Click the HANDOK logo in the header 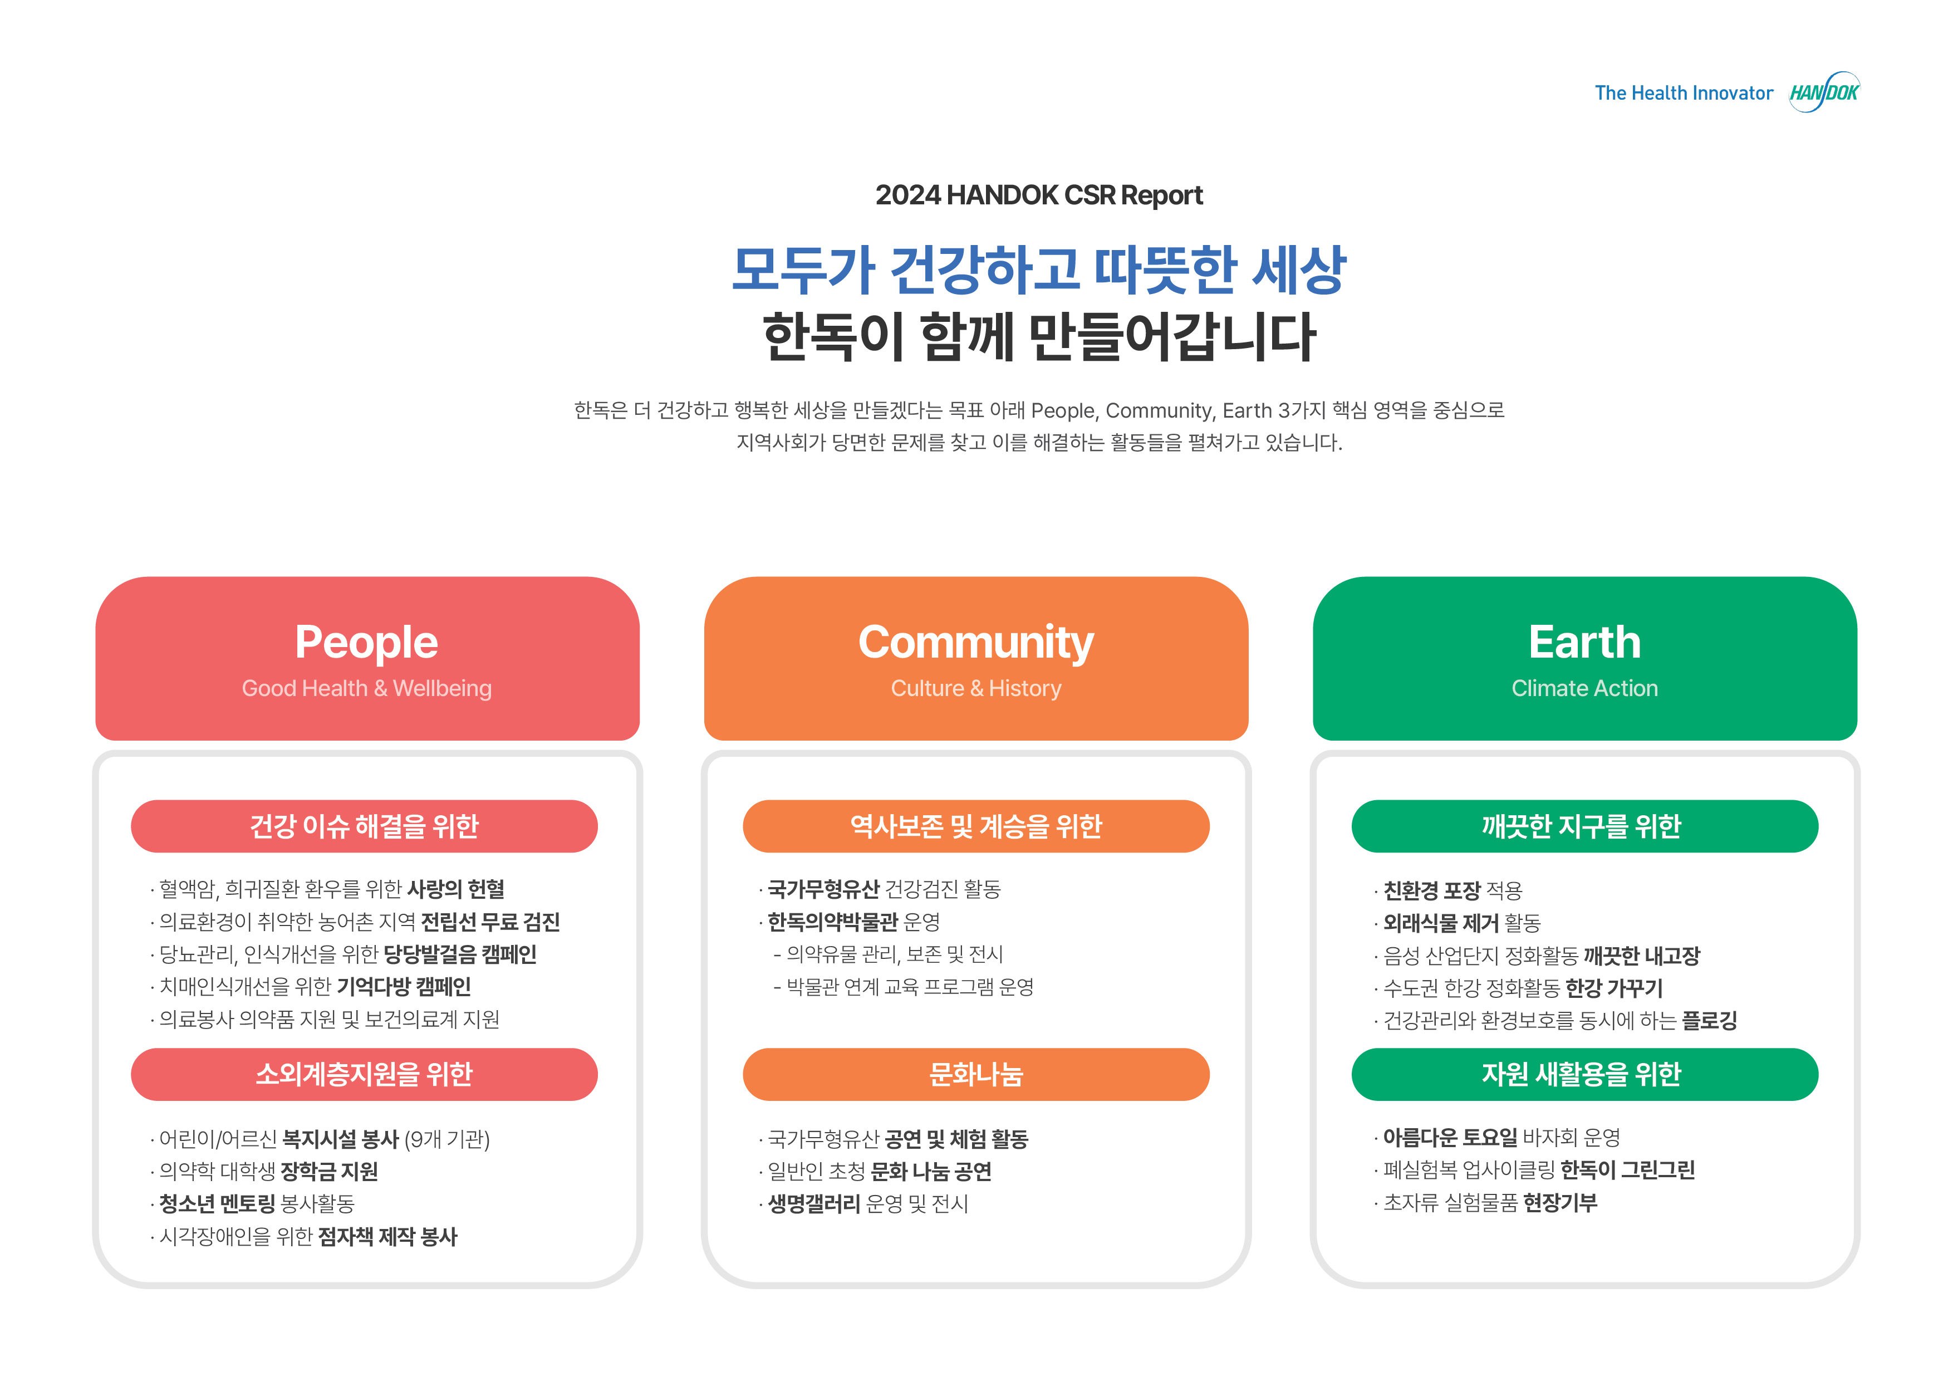tap(1824, 92)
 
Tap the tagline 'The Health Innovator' tap(1684, 93)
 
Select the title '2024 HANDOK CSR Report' tap(1039, 195)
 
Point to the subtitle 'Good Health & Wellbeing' tap(367, 688)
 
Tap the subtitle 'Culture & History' tap(975, 688)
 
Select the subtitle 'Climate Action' tap(1584, 688)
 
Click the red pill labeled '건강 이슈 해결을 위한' tap(364, 826)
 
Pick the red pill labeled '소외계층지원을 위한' tap(364, 1075)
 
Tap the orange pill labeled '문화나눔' tap(975, 1075)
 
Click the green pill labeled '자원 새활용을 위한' tap(1584, 1075)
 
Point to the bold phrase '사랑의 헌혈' tap(456, 889)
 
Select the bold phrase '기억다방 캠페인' tap(404, 987)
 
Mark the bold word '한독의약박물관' tap(833, 922)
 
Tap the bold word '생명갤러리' tap(814, 1204)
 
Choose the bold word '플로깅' tap(1710, 1020)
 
